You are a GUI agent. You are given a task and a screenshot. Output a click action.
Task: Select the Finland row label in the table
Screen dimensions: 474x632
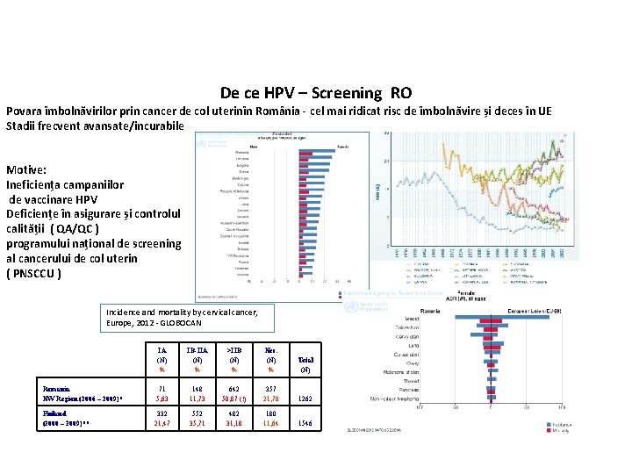coord(58,417)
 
